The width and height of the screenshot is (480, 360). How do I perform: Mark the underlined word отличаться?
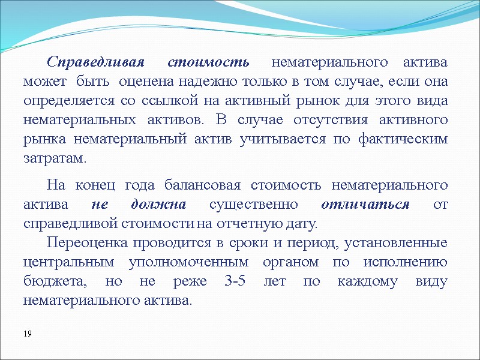[365, 204]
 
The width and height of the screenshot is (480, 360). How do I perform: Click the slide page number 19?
[28, 333]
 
